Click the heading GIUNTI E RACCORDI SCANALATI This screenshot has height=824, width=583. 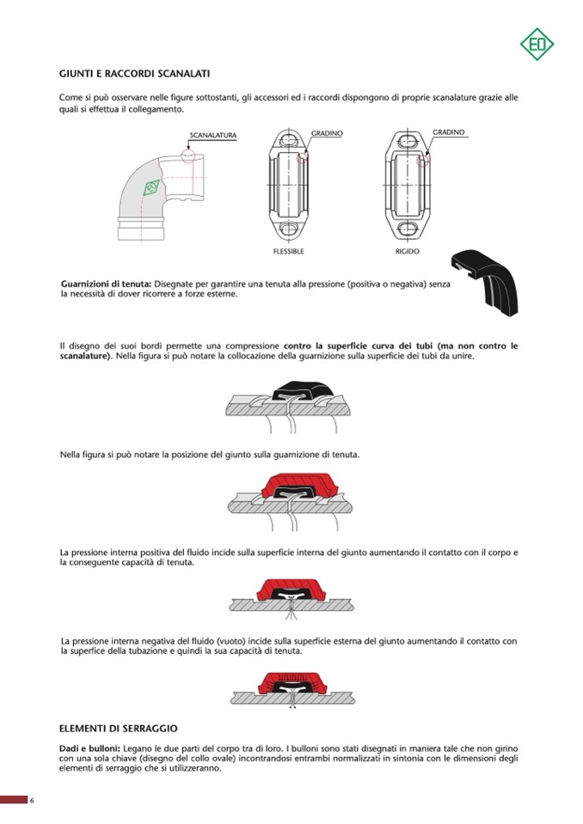point(134,74)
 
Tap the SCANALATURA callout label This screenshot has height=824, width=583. point(212,136)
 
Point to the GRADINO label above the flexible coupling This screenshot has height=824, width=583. point(327,133)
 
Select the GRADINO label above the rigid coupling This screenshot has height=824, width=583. point(448,132)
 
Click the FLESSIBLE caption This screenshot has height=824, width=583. point(288,252)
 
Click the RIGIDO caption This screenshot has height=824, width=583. point(408,252)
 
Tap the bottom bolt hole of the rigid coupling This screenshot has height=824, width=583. point(408,229)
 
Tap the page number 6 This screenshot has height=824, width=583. point(32,802)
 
